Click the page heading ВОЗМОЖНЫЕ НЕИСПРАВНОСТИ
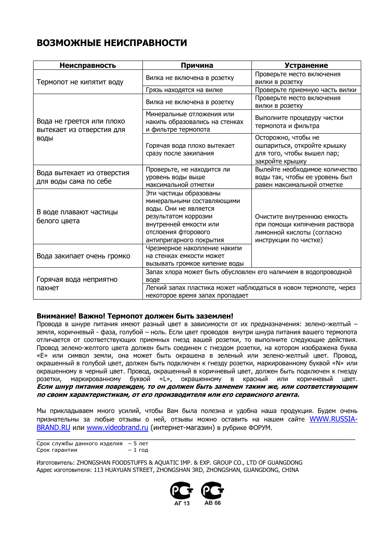point(112,43)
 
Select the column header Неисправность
point(88,65)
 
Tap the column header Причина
point(197,65)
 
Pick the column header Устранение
point(306,65)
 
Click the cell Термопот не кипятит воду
point(80,82)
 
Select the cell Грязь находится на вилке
point(184,90)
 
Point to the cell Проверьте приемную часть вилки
point(305,90)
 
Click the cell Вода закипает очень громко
point(83,256)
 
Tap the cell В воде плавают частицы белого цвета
point(77,216)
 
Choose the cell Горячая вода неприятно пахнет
point(77,283)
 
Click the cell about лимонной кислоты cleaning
point(304,228)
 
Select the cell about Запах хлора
point(249,276)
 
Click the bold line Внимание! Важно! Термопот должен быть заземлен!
point(135,316)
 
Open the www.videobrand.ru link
point(117,428)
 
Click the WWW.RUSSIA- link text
point(333,419)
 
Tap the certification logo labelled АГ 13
point(182,493)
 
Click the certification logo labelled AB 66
point(213,493)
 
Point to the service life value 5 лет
point(141,443)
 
